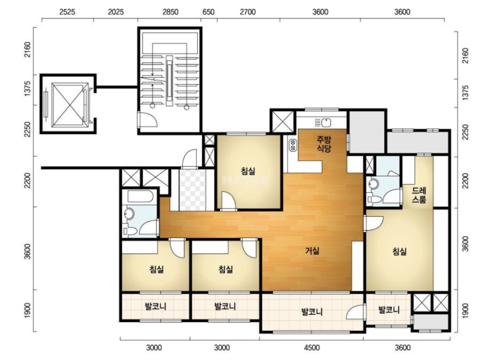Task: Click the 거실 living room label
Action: coord(313,251)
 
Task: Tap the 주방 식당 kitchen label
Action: coord(324,144)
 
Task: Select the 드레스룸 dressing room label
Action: coord(419,195)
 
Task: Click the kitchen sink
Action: coord(323,122)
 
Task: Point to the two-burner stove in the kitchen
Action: coord(293,145)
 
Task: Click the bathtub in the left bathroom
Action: coord(140,197)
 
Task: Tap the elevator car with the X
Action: coord(70,104)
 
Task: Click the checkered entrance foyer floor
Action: coord(193,190)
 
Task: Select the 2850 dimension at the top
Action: coord(171,12)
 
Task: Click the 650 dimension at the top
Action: coord(208,12)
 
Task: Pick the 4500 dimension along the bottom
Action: coord(312,347)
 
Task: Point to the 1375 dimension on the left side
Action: coord(28,89)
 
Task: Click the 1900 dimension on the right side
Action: coord(466,311)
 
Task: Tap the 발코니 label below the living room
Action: coord(312,312)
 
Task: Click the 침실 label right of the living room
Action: coord(400,251)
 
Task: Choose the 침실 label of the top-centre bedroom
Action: coord(248,171)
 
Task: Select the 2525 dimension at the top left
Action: coord(67,12)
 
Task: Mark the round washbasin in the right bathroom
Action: coord(373,184)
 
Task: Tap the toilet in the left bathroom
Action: coord(130,231)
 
